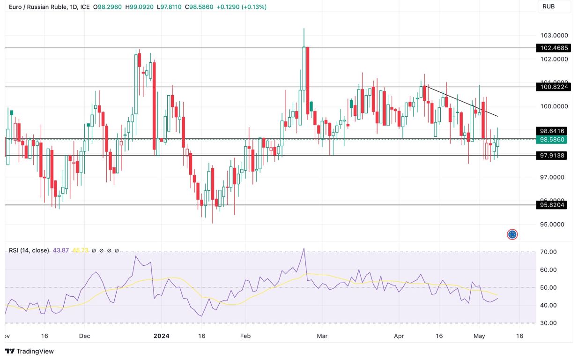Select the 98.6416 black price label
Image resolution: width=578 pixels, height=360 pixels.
552,131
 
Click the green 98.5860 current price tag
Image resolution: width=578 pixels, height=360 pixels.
552,140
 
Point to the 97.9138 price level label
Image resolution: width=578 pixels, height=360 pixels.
552,156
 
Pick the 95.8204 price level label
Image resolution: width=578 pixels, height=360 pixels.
552,205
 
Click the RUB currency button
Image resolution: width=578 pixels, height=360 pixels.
548,7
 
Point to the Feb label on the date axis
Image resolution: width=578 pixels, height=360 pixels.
245,336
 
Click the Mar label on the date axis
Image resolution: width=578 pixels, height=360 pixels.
322,336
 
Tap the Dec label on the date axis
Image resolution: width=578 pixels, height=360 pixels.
84,336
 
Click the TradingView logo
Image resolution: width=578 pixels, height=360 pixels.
30,351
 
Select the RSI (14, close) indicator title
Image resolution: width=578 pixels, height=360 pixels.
29,250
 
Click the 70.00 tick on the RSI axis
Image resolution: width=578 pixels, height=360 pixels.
548,252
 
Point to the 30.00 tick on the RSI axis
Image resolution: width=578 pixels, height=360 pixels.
548,323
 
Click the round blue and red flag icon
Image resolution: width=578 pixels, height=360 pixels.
512,234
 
